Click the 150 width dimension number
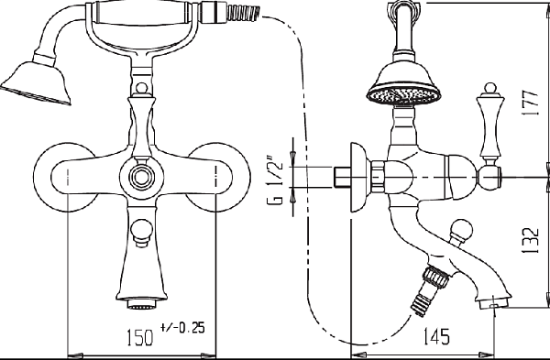click(139, 337)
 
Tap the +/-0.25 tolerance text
click(182, 327)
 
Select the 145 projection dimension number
click(436, 336)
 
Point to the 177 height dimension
click(530, 104)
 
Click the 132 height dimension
click(530, 241)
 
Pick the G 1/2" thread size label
click(275, 179)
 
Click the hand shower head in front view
click(37, 82)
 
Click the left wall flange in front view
click(65, 177)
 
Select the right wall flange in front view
click(218, 177)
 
